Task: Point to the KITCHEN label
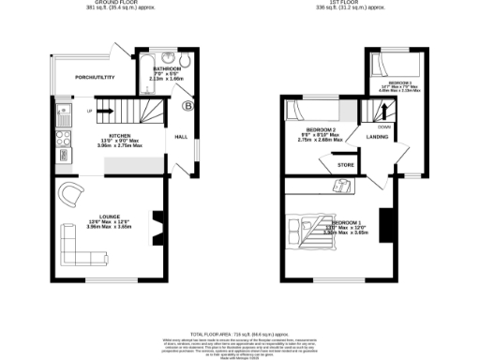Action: coord(119,135)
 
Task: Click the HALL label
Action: coord(181,138)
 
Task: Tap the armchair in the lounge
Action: coord(72,195)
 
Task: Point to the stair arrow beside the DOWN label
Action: coord(382,115)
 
